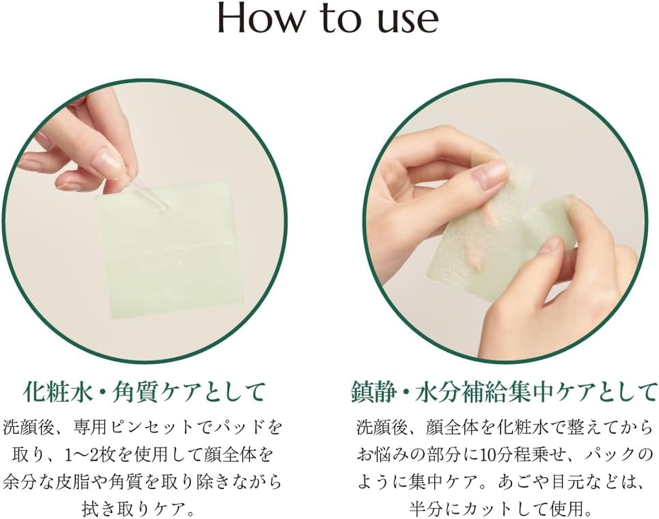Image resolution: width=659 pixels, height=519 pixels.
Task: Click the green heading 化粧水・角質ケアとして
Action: click(143, 391)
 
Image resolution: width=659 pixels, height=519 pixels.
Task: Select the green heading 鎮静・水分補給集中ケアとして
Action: click(504, 391)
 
